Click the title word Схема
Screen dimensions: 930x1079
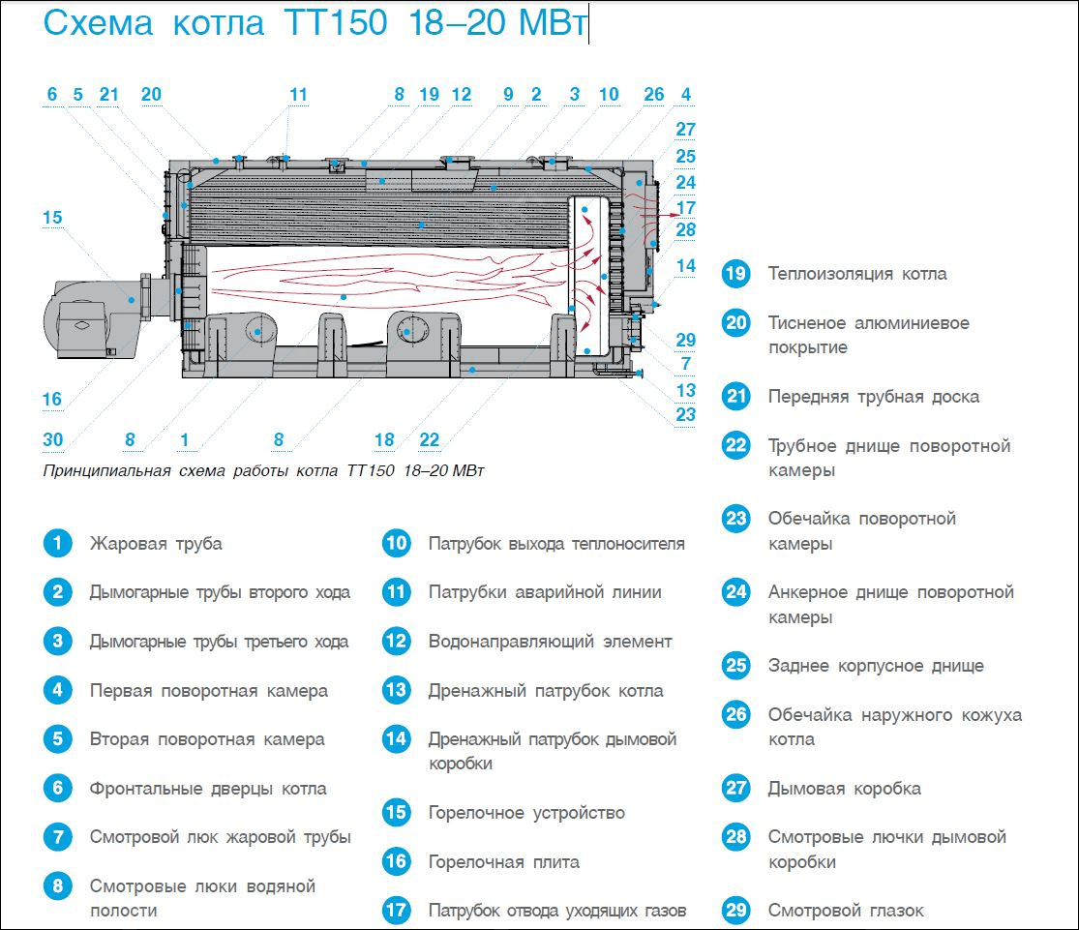pyautogui.click(x=98, y=24)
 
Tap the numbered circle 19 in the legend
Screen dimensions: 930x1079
pyautogui.click(x=735, y=274)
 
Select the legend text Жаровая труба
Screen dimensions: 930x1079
pyautogui.click(x=156, y=543)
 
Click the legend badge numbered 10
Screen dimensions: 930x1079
pyautogui.click(x=397, y=543)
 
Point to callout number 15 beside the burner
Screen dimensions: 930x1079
pyautogui.click(x=52, y=218)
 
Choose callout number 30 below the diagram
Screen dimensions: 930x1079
pyautogui.click(x=52, y=440)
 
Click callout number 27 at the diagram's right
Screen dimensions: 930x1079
pyautogui.click(x=685, y=130)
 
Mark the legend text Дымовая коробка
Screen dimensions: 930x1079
pyautogui.click(x=845, y=789)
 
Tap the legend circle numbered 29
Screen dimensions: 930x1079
pyautogui.click(x=735, y=911)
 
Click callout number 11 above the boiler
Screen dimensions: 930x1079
pyautogui.click(x=298, y=95)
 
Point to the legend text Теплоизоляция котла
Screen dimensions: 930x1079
pyautogui.click(x=857, y=274)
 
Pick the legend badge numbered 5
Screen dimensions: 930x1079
pyautogui.click(x=58, y=739)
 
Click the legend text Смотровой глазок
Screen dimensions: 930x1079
pyautogui.click(x=846, y=911)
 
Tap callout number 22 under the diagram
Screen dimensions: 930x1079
pyautogui.click(x=430, y=440)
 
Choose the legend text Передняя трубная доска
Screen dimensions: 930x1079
pyautogui.click(x=873, y=397)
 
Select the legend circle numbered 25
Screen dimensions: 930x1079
pyautogui.click(x=735, y=666)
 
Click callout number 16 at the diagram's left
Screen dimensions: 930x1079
pyautogui.click(x=52, y=400)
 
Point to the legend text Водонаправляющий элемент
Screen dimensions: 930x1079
pyautogui.click(x=550, y=641)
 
